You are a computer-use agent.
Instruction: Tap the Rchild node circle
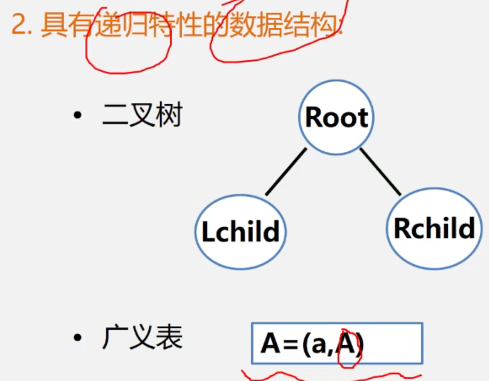[x=434, y=228]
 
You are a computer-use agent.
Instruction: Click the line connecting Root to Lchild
[x=286, y=171]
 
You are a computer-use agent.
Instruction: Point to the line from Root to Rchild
[x=380, y=171]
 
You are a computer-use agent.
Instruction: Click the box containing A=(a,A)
[x=337, y=343]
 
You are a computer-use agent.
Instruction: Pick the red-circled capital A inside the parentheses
[x=348, y=344]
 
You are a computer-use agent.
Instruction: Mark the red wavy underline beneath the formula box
[x=331, y=374]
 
